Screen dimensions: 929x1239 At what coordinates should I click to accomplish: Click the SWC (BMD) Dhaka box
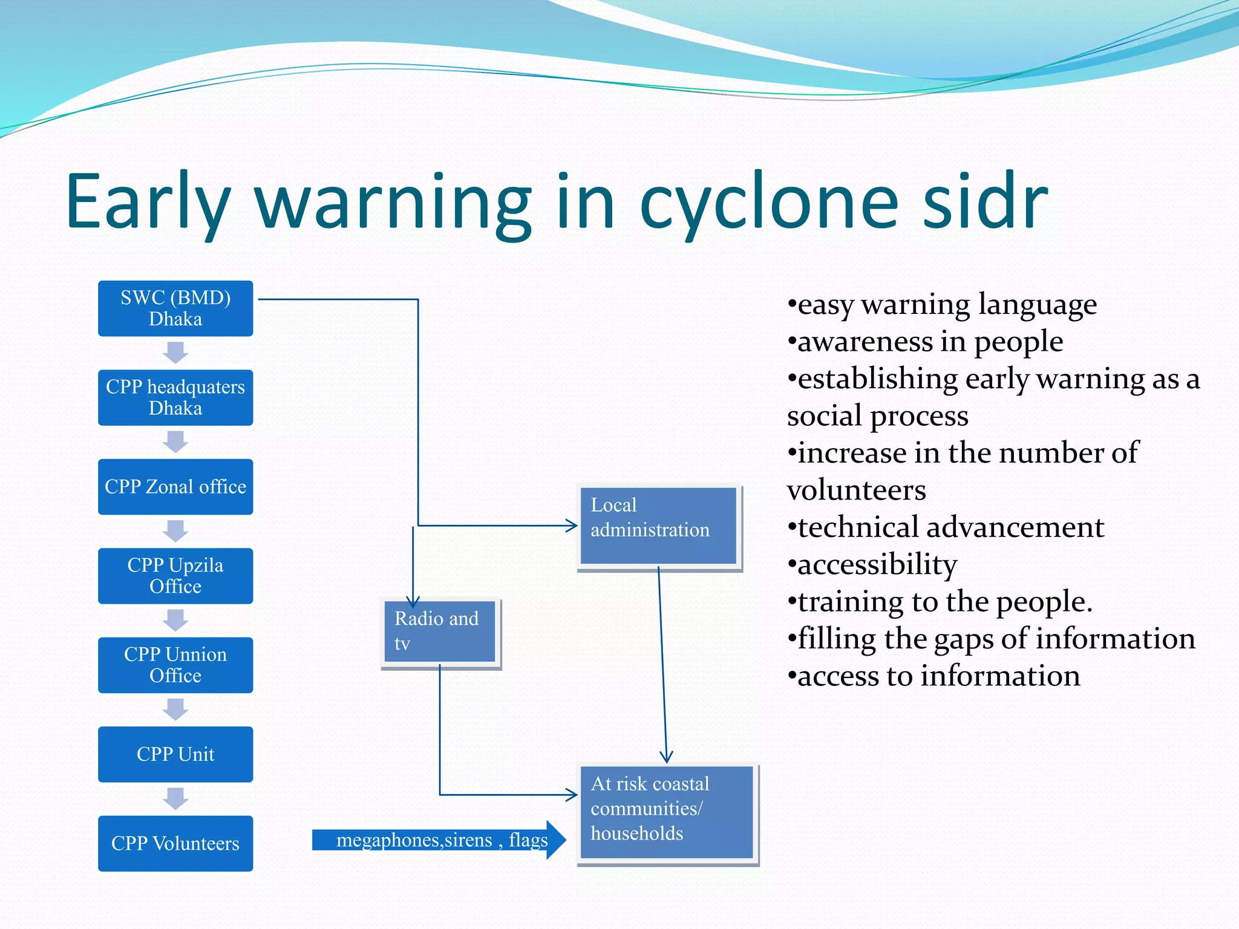pyautogui.click(x=175, y=308)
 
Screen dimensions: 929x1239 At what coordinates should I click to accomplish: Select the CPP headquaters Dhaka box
pyautogui.click(x=175, y=397)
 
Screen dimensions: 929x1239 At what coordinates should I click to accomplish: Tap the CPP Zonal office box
pyautogui.click(x=175, y=486)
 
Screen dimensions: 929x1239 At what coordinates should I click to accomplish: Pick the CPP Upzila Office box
pyautogui.click(x=175, y=576)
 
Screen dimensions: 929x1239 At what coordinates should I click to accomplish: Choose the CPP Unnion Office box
pyautogui.click(x=175, y=665)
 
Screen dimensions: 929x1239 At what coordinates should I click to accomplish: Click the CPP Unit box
pyautogui.click(x=175, y=754)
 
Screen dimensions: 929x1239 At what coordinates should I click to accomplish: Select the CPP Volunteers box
pyautogui.click(x=175, y=843)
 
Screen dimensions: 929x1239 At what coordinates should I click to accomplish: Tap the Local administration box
pyautogui.click(x=658, y=526)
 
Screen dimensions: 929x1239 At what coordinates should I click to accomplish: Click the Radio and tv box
pyautogui.click(x=440, y=631)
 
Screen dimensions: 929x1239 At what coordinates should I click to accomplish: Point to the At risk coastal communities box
pyautogui.click(x=666, y=812)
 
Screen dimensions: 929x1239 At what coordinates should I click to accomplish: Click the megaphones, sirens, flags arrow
pyautogui.click(x=439, y=840)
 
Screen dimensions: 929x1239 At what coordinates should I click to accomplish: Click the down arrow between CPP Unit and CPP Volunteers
pyautogui.click(x=175, y=798)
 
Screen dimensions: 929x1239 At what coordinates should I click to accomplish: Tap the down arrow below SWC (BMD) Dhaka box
pyautogui.click(x=175, y=352)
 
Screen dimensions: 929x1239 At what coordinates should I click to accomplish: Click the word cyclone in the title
pyautogui.click(x=769, y=203)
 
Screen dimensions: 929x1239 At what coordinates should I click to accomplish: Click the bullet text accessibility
pyautogui.click(x=877, y=565)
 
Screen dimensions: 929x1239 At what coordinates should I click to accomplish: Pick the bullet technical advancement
pyautogui.click(x=950, y=527)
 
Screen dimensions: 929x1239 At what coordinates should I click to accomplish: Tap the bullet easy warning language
pyautogui.click(x=946, y=304)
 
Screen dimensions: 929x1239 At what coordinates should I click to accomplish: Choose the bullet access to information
pyautogui.click(x=938, y=676)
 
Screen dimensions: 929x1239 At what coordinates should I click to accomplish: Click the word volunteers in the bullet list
pyautogui.click(x=856, y=491)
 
